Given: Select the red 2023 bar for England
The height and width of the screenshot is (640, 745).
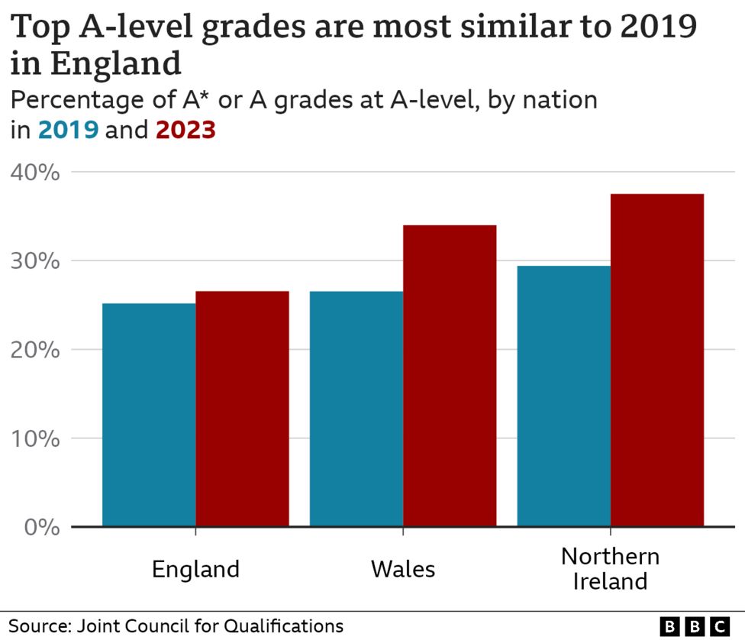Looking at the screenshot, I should click(242, 409).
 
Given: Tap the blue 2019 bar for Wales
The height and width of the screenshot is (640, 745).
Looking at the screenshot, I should click(356, 409).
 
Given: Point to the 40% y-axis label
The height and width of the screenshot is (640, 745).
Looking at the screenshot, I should click(35, 173).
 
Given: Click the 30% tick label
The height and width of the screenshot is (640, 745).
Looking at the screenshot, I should click(35, 261).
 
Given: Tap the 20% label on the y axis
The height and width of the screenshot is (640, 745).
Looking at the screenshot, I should click(35, 350).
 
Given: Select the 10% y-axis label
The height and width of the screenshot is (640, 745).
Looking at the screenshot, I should click(35, 438).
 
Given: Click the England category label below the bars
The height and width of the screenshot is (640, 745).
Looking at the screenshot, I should click(195, 570).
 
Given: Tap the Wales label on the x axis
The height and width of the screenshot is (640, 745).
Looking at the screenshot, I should click(403, 570).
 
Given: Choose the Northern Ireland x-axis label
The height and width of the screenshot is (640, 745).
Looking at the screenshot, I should click(610, 568).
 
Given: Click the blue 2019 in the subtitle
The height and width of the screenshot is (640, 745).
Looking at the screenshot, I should click(68, 131).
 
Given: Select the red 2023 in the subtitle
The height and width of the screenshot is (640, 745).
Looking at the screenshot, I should click(185, 131).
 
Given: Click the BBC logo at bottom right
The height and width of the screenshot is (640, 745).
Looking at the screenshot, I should click(694, 626).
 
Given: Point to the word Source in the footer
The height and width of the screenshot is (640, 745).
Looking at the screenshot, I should click(37, 626).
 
